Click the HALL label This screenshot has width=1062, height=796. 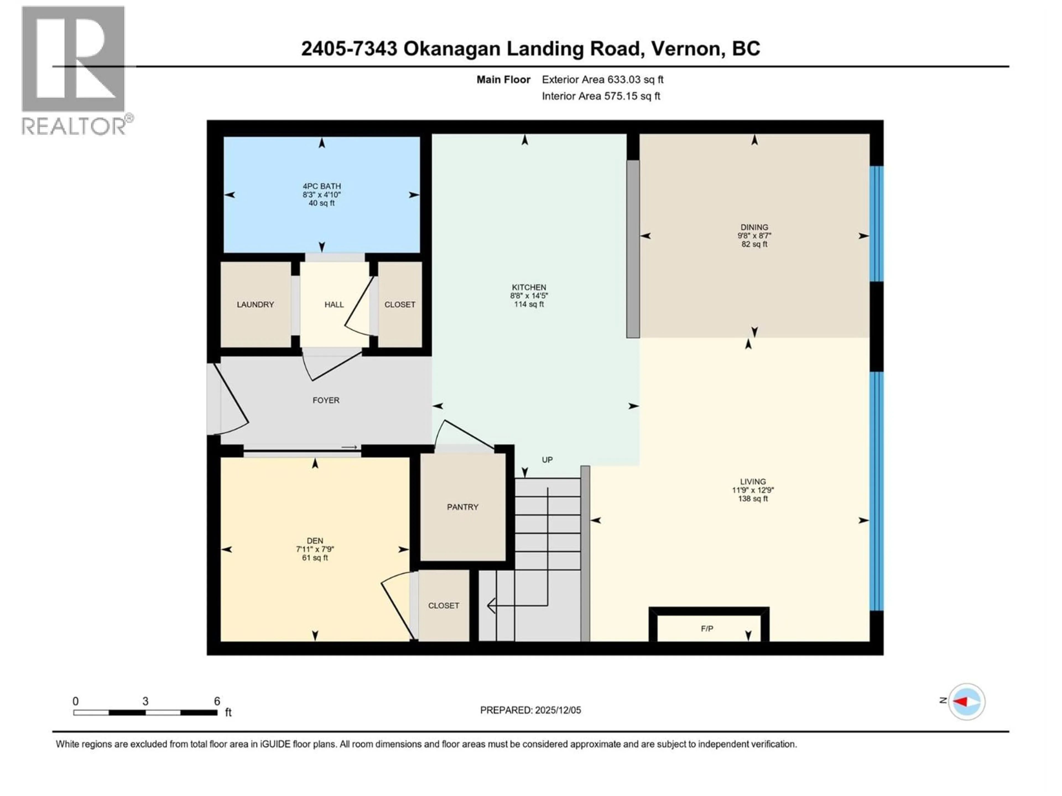point(334,305)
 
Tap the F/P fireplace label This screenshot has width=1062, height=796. point(707,629)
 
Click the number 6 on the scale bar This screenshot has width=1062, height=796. point(217,701)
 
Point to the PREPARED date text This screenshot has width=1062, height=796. point(530,710)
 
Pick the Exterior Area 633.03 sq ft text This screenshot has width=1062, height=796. point(603,80)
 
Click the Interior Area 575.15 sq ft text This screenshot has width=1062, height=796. point(601,96)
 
